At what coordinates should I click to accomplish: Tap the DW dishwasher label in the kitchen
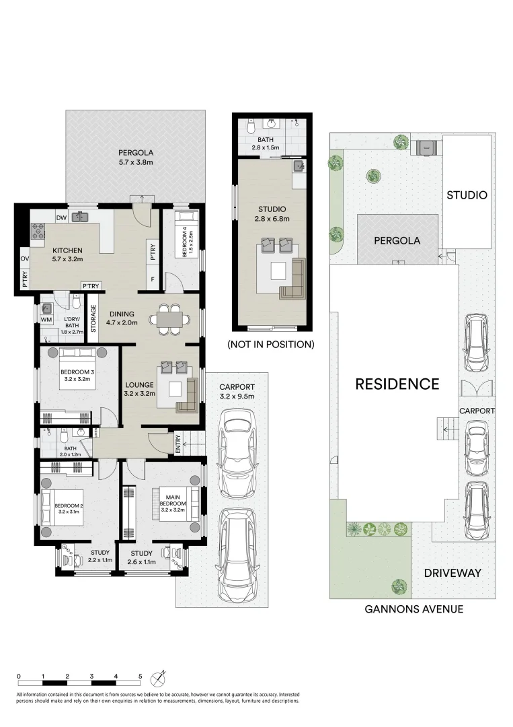(x=61, y=217)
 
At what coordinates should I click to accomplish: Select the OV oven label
(x=24, y=258)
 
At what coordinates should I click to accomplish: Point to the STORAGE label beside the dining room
(x=93, y=319)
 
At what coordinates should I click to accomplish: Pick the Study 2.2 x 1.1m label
(x=100, y=557)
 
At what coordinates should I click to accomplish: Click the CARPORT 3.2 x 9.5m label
(x=237, y=391)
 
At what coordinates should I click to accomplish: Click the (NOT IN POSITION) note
(x=270, y=344)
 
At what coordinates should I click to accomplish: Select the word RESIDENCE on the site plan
(x=397, y=384)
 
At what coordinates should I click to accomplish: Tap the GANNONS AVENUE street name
(x=413, y=609)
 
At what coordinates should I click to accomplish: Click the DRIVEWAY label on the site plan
(x=452, y=573)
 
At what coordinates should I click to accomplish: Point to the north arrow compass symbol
(x=159, y=676)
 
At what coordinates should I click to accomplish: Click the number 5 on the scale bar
(x=140, y=676)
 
